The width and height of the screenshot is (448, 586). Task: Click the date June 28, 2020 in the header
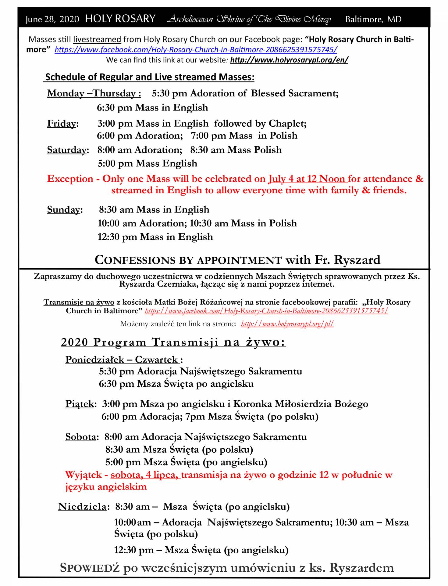coord(52,19)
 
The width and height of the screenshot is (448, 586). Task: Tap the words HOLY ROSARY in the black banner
coord(120,19)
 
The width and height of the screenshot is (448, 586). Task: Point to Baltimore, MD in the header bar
coord(373,19)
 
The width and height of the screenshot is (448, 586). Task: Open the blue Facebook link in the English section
coord(196,49)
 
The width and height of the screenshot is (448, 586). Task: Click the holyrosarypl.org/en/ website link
coord(289,60)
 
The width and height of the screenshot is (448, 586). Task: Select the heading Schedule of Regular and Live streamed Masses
coord(149,77)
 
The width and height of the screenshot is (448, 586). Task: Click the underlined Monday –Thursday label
coord(94,93)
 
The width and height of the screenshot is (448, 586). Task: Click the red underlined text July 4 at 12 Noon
coord(307,179)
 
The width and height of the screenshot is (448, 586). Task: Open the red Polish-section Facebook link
coord(266,311)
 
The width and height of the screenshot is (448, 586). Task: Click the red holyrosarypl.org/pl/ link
coord(287,324)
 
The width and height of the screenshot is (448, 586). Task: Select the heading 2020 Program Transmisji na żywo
coord(173,342)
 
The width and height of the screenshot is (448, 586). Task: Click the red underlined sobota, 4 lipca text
coord(145,475)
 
